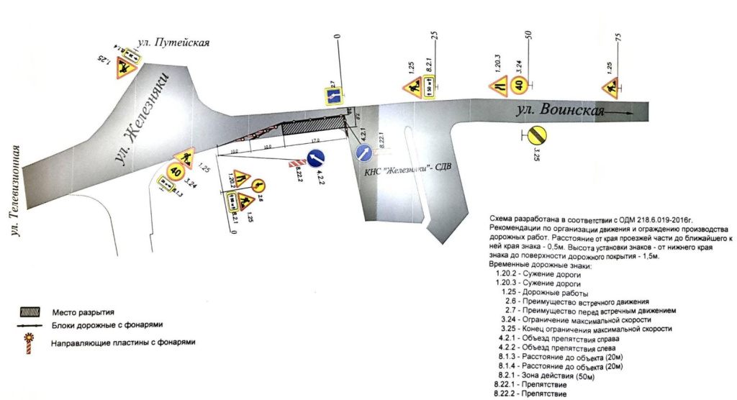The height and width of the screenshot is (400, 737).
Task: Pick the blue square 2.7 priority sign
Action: click(x=333, y=96)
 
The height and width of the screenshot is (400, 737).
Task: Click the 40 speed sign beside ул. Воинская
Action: click(x=519, y=86)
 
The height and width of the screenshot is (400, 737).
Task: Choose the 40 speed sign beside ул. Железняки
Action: click(x=176, y=171)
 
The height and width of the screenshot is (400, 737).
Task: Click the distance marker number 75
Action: click(x=618, y=37)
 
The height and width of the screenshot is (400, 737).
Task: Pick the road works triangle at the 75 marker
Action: click(x=611, y=87)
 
